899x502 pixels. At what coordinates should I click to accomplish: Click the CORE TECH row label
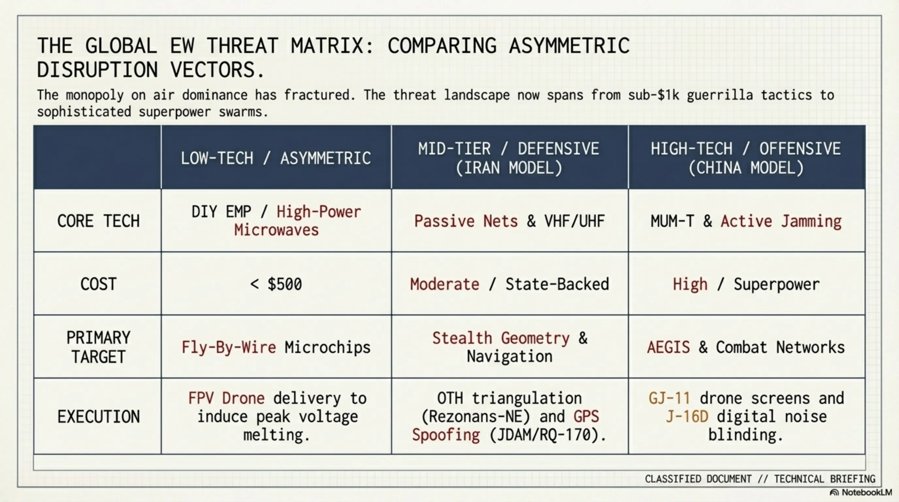(98, 221)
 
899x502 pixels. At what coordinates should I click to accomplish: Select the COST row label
(98, 284)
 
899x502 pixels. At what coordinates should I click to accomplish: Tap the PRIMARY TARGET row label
(98, 347)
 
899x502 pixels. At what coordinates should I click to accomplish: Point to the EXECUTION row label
(98, 416)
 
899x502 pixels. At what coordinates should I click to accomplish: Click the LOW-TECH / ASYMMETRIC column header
(276, 158)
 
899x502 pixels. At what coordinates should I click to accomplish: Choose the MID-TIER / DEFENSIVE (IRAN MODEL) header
(509, 158)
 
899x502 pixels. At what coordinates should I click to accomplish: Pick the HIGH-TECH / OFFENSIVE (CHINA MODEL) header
(746, 158)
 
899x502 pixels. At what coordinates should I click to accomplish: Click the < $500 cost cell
(276, 284)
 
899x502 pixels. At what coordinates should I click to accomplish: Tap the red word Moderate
(444, 284)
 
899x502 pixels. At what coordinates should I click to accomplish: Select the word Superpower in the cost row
(776, 284)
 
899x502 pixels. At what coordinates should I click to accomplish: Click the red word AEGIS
(668, 347)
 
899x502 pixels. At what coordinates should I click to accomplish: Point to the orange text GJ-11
(669, 398)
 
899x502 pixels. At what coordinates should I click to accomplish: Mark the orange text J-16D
(687, 416)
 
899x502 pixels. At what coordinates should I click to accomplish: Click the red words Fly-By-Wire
(229, 347)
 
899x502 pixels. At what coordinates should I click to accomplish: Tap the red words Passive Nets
(466, 221)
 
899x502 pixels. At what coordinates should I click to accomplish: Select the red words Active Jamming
(781, 221)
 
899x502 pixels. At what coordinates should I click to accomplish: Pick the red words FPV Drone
(226, 398)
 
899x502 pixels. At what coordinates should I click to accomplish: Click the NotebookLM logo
(860, 493)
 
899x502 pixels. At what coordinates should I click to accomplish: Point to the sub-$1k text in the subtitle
(653, 95)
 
